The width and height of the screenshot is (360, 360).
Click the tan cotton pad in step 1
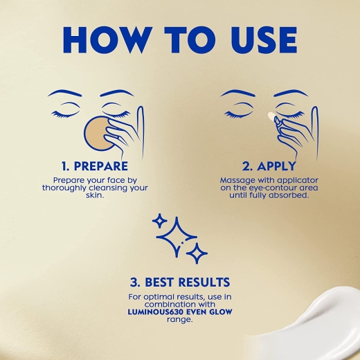pos(98,134)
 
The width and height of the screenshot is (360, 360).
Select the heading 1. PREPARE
pos(95,166)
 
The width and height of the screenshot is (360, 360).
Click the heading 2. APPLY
pos(269,166)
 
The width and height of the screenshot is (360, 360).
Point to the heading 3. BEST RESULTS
pos(180,282)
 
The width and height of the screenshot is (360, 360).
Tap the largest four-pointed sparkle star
pos(177,237)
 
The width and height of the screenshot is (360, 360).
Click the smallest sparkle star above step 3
pos(160,221)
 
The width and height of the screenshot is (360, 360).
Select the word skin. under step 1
pos(95,196)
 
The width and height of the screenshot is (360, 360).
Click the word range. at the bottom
pos(180,320)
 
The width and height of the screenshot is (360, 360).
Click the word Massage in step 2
pos(237,180)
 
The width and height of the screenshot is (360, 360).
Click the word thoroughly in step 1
pos(64,188)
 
